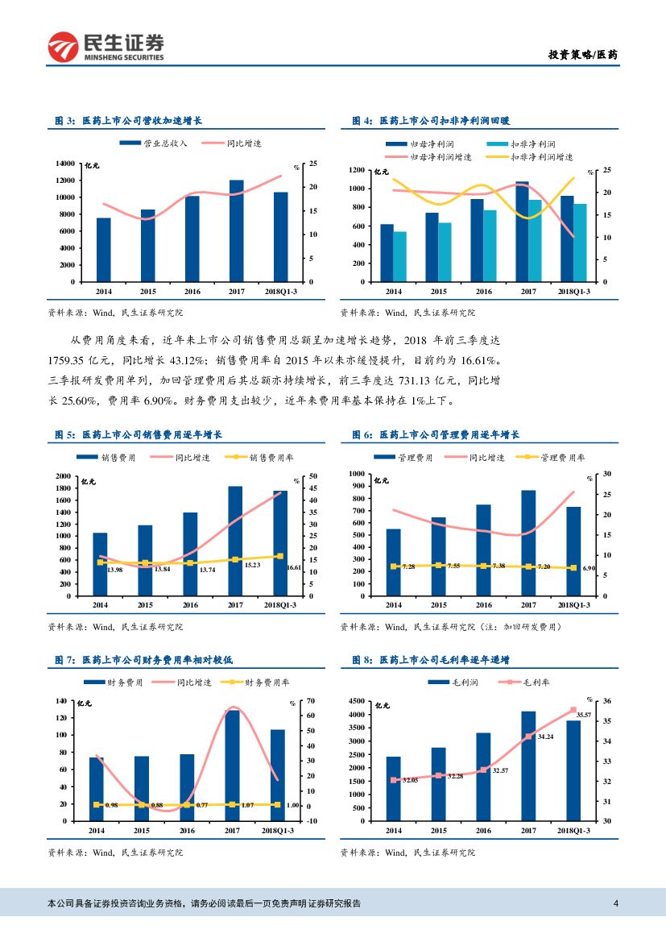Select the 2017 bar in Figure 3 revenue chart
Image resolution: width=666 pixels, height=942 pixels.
pos(236,230)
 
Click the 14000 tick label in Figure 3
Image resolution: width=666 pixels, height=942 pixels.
pos(64,163)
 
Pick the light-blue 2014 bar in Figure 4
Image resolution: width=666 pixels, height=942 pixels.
pos(400,256)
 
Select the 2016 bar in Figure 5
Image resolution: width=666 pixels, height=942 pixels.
pos(190,554)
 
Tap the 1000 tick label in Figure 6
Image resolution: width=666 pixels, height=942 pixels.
pos(358,475)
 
